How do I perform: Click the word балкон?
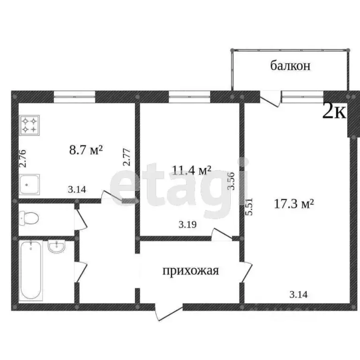click(x=290, y=66)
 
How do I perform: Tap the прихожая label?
click(x=191, y=270)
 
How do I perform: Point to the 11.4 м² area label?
click(x=192, y=170)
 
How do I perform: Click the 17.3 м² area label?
click(x=293, y=204)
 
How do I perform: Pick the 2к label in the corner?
click(x=334, y=112)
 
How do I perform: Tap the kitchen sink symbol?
click(x=30, y=184)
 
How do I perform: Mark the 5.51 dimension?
click(x=250, y=206)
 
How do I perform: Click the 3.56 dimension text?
click(x=231, y=180)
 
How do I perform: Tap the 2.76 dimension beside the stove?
click(x=22, y=158)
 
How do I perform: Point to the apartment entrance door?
click(x=168, y=313)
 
